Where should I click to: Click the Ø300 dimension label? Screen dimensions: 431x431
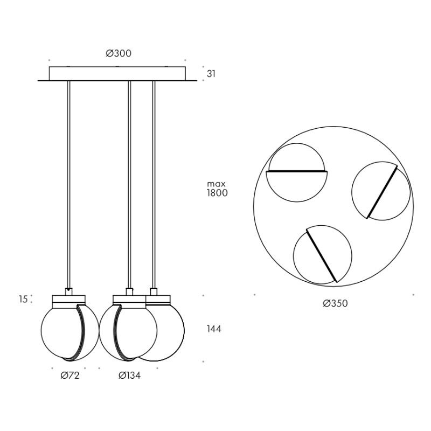pyautogui.click(x=119, y=53)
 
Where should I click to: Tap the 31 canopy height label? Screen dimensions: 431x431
pyautogui.click(x=211, y=74)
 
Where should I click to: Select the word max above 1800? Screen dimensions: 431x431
pyautogui.click(x=216, y=184)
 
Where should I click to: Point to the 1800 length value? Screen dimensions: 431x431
pyautogui.click(x=217, y=193)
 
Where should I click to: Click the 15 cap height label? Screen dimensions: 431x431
pyautogui.click(x=23, y=299)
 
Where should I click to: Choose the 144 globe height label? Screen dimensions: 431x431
pyautogui.click(x=214, y=329)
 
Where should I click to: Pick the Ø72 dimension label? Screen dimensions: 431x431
pyautogui.click(x=70, y=376)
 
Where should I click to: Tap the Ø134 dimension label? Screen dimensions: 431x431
pyautogui.click(x=129, y=376)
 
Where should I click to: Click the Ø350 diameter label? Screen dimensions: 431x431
pyautogui.click(x=335, y=303)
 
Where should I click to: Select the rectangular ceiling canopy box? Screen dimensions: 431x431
pyautogui.click(x=117, y=73)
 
